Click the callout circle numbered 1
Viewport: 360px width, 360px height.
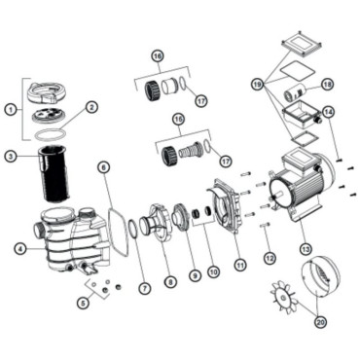11,110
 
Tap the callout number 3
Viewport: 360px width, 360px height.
11,157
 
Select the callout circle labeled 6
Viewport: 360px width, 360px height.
104,167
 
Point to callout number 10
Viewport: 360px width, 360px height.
213,271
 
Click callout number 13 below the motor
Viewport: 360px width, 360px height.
306,249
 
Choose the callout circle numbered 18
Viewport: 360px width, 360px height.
327,85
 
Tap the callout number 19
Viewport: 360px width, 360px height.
258,85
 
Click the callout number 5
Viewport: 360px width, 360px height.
84,303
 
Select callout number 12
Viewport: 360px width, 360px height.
270,258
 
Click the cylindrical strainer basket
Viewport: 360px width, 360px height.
53,173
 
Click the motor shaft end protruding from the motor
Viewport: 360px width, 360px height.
274,196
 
